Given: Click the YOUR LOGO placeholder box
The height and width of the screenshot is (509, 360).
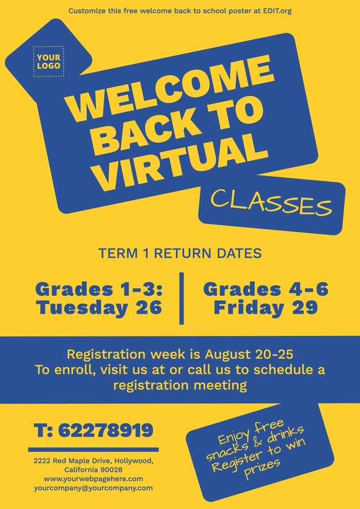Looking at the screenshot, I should [49, 61].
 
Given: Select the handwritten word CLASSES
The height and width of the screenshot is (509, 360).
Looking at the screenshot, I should [271, 204].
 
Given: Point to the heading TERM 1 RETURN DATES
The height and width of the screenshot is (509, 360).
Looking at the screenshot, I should [179, 254].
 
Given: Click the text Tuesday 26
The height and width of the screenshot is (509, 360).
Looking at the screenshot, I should [99, 307].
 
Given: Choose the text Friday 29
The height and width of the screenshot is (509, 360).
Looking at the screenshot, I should [265, 307].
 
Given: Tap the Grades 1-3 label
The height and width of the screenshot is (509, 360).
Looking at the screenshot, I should [99, 289].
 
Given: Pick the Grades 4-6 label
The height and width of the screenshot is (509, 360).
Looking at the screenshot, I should [265, 289].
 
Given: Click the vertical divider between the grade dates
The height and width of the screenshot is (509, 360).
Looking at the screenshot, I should [181, 298].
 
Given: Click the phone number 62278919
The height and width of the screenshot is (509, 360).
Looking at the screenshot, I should [105, 430].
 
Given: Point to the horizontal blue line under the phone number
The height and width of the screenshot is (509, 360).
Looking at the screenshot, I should [93, 449].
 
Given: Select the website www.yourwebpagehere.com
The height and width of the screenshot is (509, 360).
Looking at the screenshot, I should [93, 479].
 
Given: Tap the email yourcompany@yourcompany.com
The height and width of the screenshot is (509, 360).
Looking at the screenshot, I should [93, 488].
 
